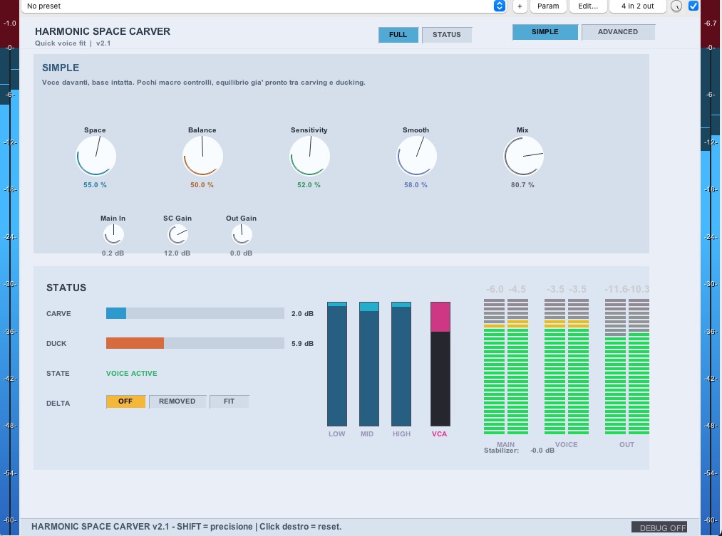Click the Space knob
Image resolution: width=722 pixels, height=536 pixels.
96,157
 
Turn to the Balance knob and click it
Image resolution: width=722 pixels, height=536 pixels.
202,157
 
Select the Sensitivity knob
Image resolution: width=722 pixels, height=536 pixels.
309,157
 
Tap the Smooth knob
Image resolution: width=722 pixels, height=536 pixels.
416,157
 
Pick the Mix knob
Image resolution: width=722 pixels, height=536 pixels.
523,157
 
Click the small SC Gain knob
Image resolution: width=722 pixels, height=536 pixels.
177,235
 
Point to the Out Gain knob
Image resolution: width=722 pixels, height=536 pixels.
242,235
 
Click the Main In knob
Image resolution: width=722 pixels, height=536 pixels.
113,235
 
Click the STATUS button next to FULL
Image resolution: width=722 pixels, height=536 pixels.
447,35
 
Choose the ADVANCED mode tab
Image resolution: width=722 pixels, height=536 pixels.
618,32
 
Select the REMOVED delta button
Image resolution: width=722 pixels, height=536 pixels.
177,401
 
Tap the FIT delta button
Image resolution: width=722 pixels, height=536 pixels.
230,401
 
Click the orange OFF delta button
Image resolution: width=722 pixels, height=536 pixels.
125,401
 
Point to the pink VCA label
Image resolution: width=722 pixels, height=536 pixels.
439,434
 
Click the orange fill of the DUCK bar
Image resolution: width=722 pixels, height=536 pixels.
135,343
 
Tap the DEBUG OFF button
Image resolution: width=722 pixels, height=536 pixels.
659,527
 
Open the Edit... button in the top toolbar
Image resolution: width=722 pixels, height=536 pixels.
588,6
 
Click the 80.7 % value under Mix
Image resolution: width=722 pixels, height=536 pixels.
522,185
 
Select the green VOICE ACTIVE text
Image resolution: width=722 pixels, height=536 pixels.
132,373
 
